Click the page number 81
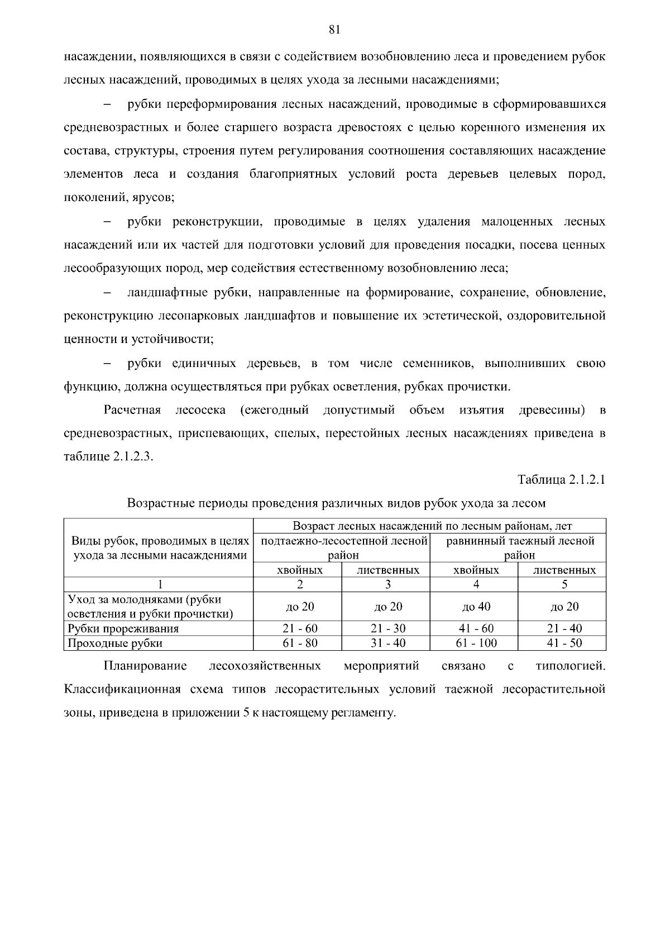click(x=334, y=30)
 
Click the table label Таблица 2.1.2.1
click(x=562, y=480)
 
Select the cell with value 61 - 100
click(x=476, y=643)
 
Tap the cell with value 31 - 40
click(x=388, y=643)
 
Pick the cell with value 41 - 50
click(x=564, y=643)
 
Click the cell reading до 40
click(x=476, y=607)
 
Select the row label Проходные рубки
click(x=115, y=643)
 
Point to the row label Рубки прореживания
click(x=123, y=628)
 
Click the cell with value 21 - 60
click(x=300, y=628)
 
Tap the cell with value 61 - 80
click(x=300, y=643)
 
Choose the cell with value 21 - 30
click(x=388, y=628)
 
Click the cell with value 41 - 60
click(x=476, y=628)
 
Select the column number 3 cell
click(x=387, y=584)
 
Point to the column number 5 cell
click(x=564, y=584)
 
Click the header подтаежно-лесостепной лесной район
click(x=343, y=547)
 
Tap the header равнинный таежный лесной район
click(x=519, y=547)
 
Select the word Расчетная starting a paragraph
click(x=132, y=411)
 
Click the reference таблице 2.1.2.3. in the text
click(x=108, y=456)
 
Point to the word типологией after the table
click(x=570, y=666)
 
